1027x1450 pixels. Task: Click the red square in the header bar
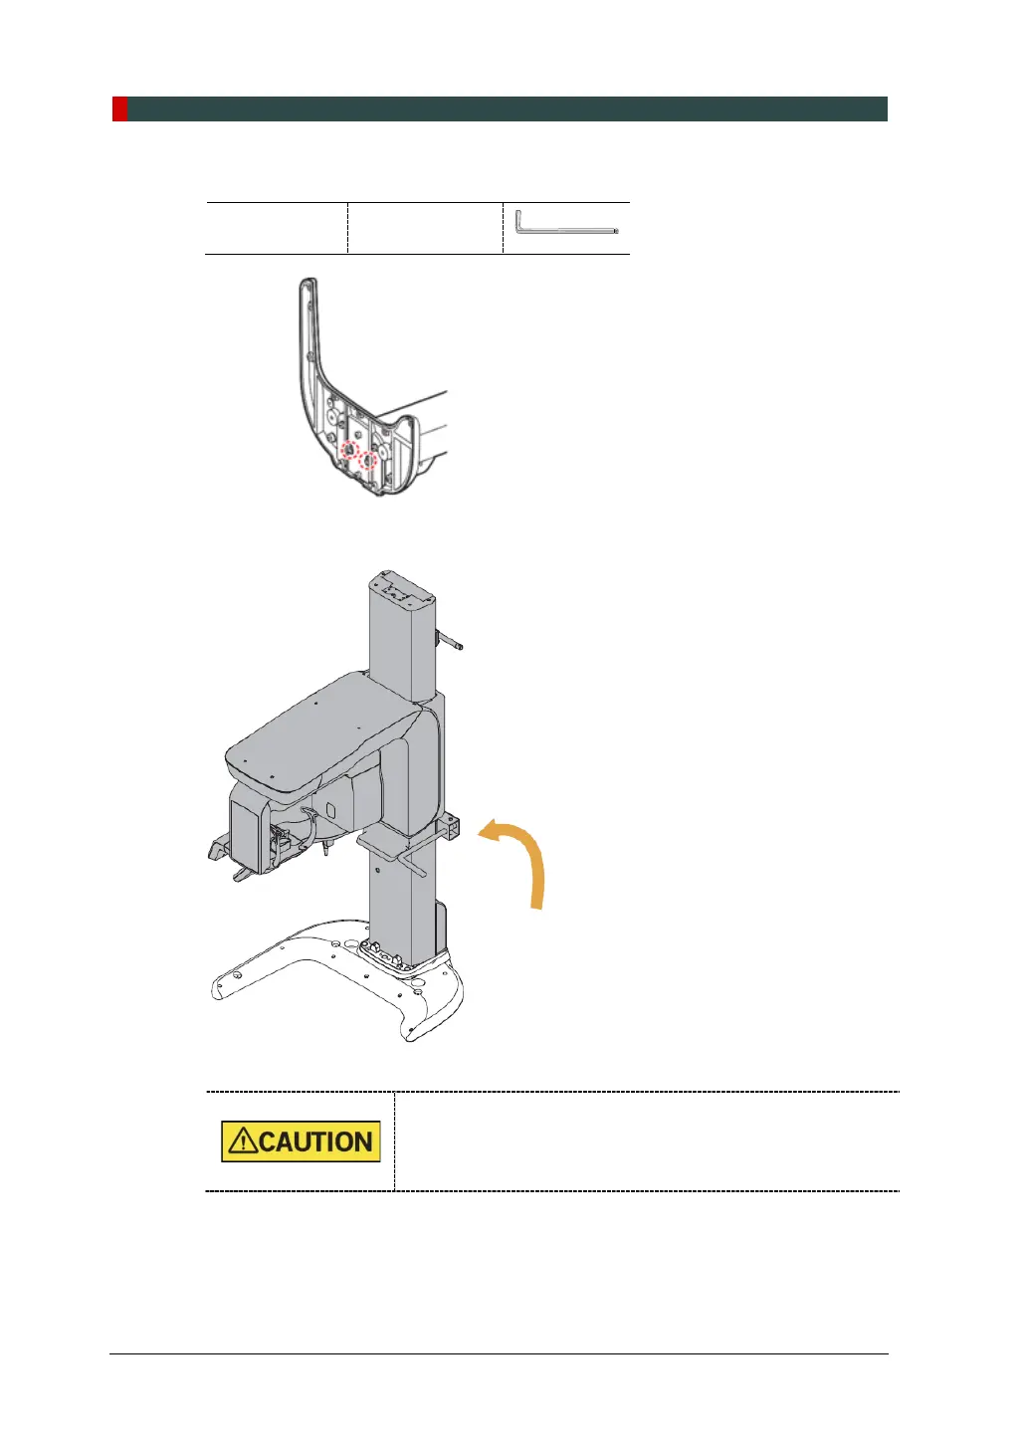click(119, 108)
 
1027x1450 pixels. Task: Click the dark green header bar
click(508, 108)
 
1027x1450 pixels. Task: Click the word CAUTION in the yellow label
click(316, 1141)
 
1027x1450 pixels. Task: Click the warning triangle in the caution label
click(242, 1141)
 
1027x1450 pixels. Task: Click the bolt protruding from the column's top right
click(450, 641)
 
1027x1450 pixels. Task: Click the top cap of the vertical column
click(403, 588)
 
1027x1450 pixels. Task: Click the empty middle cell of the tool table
click(425, 228)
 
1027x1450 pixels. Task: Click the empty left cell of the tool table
click(276, 228)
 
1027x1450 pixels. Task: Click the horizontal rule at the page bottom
click(498, 1353)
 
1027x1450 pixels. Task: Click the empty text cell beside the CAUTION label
click(647, 1141)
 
